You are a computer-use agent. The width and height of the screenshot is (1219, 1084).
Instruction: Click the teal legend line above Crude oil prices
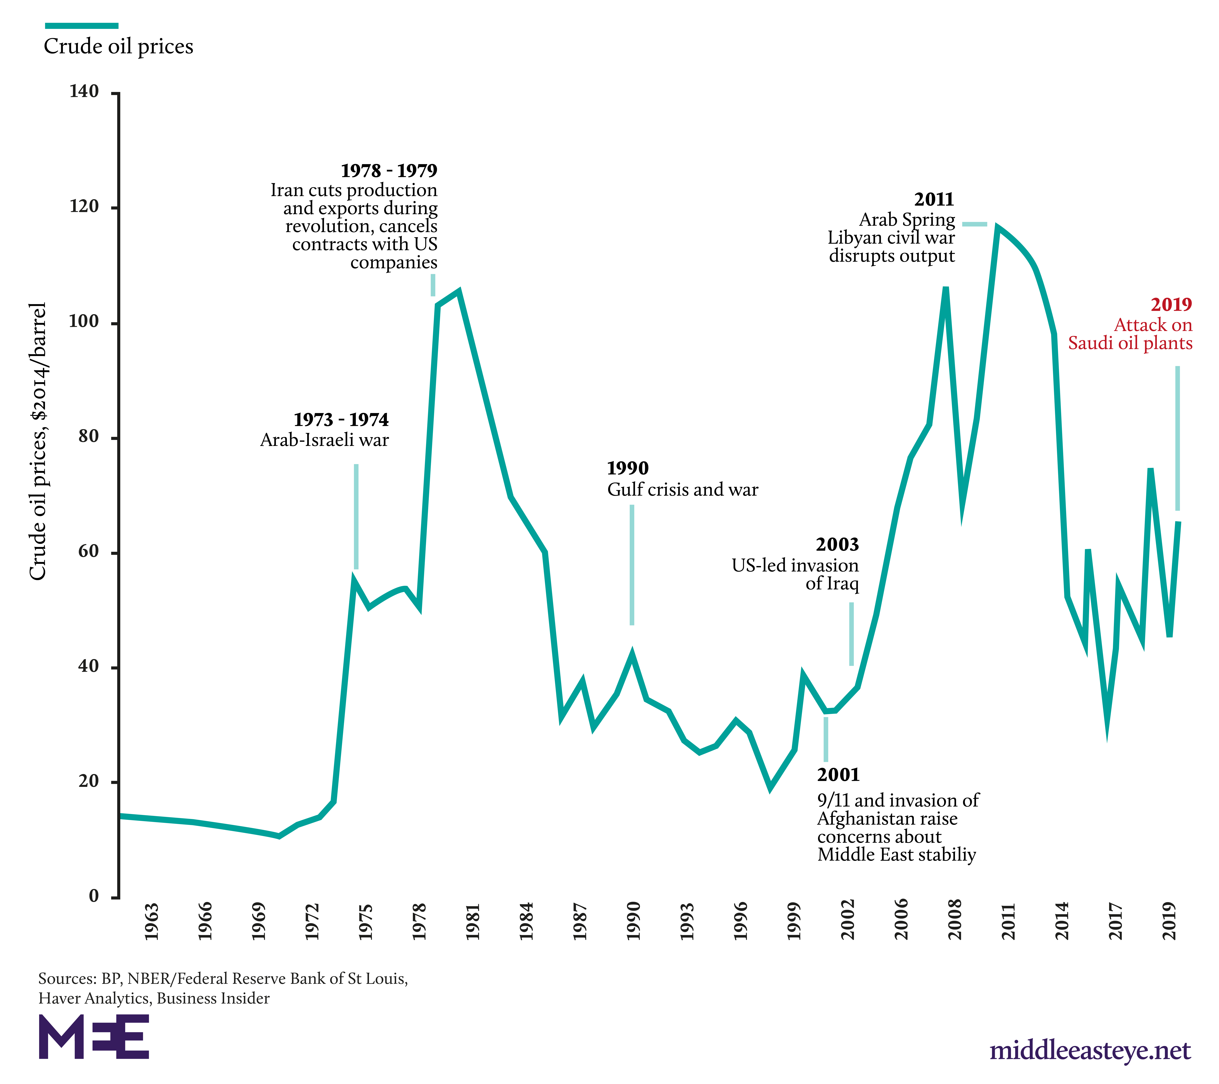pyautogui.click(x=82, y=26)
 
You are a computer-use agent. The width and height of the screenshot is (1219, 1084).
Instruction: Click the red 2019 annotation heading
pyautogui.click(x=1171, y=305)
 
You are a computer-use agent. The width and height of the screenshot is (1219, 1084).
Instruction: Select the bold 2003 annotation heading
pyautogui.click(x=837, y=544)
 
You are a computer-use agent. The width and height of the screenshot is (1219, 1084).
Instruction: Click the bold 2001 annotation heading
pyautogui.click(x=838, y=775)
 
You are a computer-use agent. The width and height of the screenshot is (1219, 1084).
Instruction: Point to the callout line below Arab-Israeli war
pyautogui.click(x=356, y=516)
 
